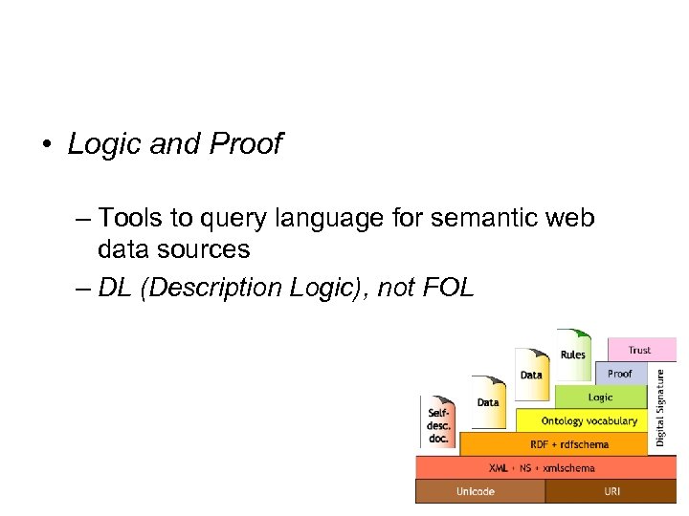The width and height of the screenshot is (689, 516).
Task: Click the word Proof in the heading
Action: pyautogui.click(x=246, y=144)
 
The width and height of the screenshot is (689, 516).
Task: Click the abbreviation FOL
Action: pyautogui.click(x=445, y=288)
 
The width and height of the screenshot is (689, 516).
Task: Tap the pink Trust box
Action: pyautogui.click(x=639, y=350)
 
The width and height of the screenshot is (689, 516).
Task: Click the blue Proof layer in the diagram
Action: pyautogui.click(x=620, y=373)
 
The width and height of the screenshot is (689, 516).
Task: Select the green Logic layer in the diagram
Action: pyautogui.click(x=600, y=397)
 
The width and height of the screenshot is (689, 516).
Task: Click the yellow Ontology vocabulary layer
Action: pyautogui.click(x=583, y=420)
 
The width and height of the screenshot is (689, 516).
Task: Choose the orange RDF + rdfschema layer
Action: pyautogui.click(x=555, y=444)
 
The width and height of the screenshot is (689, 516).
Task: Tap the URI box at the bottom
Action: pyautogui.click(x=611, y=491)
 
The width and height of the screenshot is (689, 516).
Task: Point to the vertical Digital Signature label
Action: pyautogui.click(x=660, y=408)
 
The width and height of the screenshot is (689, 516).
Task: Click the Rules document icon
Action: pyautogui.click(x=573, y=354)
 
